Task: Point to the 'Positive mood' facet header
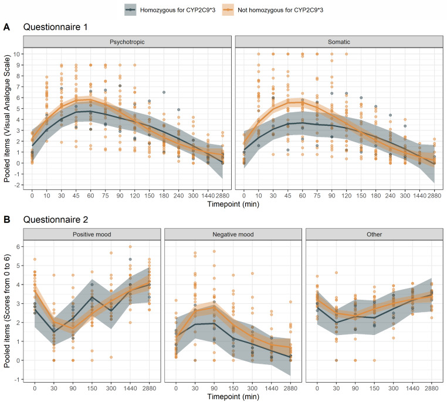point(92,234)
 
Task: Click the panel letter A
point(6,26)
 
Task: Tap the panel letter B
point(6,219)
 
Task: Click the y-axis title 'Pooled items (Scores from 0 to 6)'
point(7,310)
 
